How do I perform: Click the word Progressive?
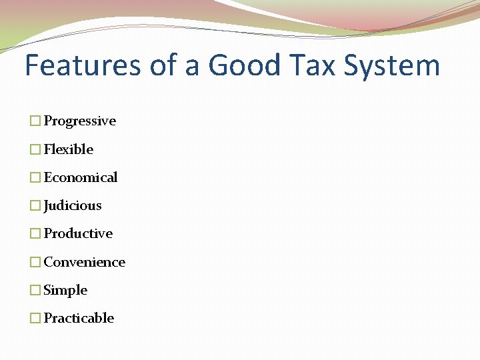point(79,121)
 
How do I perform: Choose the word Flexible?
point(68,149)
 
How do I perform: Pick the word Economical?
point(80,177)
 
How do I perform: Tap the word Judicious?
point(73,205)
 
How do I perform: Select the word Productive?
point(78,233)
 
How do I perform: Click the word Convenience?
point(84,262)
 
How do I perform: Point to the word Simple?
point(65,290)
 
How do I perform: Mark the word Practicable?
point(79,318)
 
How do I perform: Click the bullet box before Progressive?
point(35,121)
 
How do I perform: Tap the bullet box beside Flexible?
point(35,149)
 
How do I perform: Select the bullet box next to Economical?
point(35,177)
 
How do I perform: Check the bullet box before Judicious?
point(35,205)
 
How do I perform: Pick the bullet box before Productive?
point(35,233)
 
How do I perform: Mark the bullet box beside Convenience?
point(35,262)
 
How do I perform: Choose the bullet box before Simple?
point(35,290)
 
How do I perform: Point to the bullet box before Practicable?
point(35,318)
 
